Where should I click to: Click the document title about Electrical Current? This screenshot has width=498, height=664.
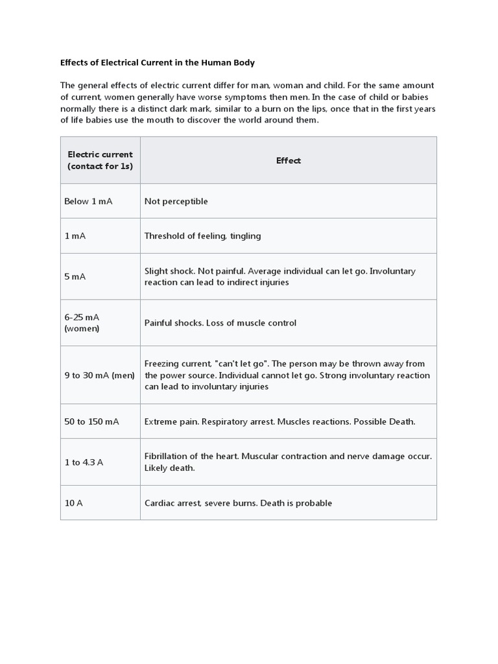pos(158,63)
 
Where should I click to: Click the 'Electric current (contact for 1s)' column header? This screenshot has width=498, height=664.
pos(100,160)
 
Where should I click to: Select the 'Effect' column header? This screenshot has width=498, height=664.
pos(288,161)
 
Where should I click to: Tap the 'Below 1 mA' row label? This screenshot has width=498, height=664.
pos(88,201)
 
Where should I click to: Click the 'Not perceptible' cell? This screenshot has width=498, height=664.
pos(176,201)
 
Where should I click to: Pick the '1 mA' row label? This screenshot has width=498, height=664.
pos(75,236)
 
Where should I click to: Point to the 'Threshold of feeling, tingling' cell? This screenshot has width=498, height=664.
pos(202,236)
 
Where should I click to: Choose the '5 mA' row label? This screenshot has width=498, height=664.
pos(75,276)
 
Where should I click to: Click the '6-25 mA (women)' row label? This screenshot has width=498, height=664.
pos(82,322)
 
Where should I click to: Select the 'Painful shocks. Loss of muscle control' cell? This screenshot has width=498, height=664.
pos(220,323)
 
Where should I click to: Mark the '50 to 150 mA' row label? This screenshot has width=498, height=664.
pos(91,421)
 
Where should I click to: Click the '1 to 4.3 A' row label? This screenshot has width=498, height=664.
pos(84,462)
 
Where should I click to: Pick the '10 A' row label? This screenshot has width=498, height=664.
pos(73,503)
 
